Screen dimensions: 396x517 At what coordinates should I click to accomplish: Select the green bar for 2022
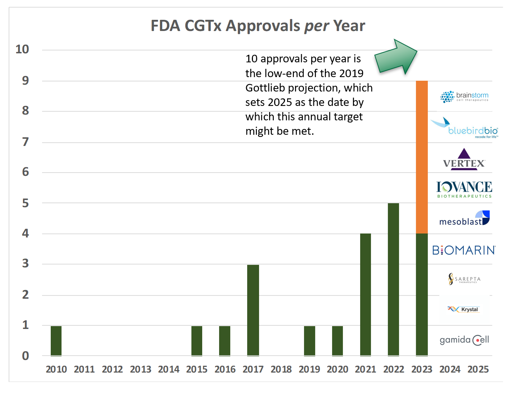pos(393,279)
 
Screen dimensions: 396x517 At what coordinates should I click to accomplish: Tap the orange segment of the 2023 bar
pos(422,157)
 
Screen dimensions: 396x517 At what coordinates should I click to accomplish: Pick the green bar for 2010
pos(56,341)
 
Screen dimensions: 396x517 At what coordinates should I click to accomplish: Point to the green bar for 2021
pos(365,294)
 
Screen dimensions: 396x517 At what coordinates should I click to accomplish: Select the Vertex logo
pos(464,160)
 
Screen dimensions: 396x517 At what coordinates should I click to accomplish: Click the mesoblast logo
pos(464,219)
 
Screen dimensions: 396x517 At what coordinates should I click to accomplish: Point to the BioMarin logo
pos(464,250)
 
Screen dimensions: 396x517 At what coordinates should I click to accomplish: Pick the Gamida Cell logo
pos(464,340)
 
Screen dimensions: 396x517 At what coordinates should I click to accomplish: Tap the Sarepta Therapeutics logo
pos(464,279)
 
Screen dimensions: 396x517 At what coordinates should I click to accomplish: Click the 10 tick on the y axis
pos(22,49)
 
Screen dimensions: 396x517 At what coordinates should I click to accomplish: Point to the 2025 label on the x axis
pos(478,369)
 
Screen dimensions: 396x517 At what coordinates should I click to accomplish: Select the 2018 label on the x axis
pos(281,369)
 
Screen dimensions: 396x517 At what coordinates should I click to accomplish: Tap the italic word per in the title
pos(317,26)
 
